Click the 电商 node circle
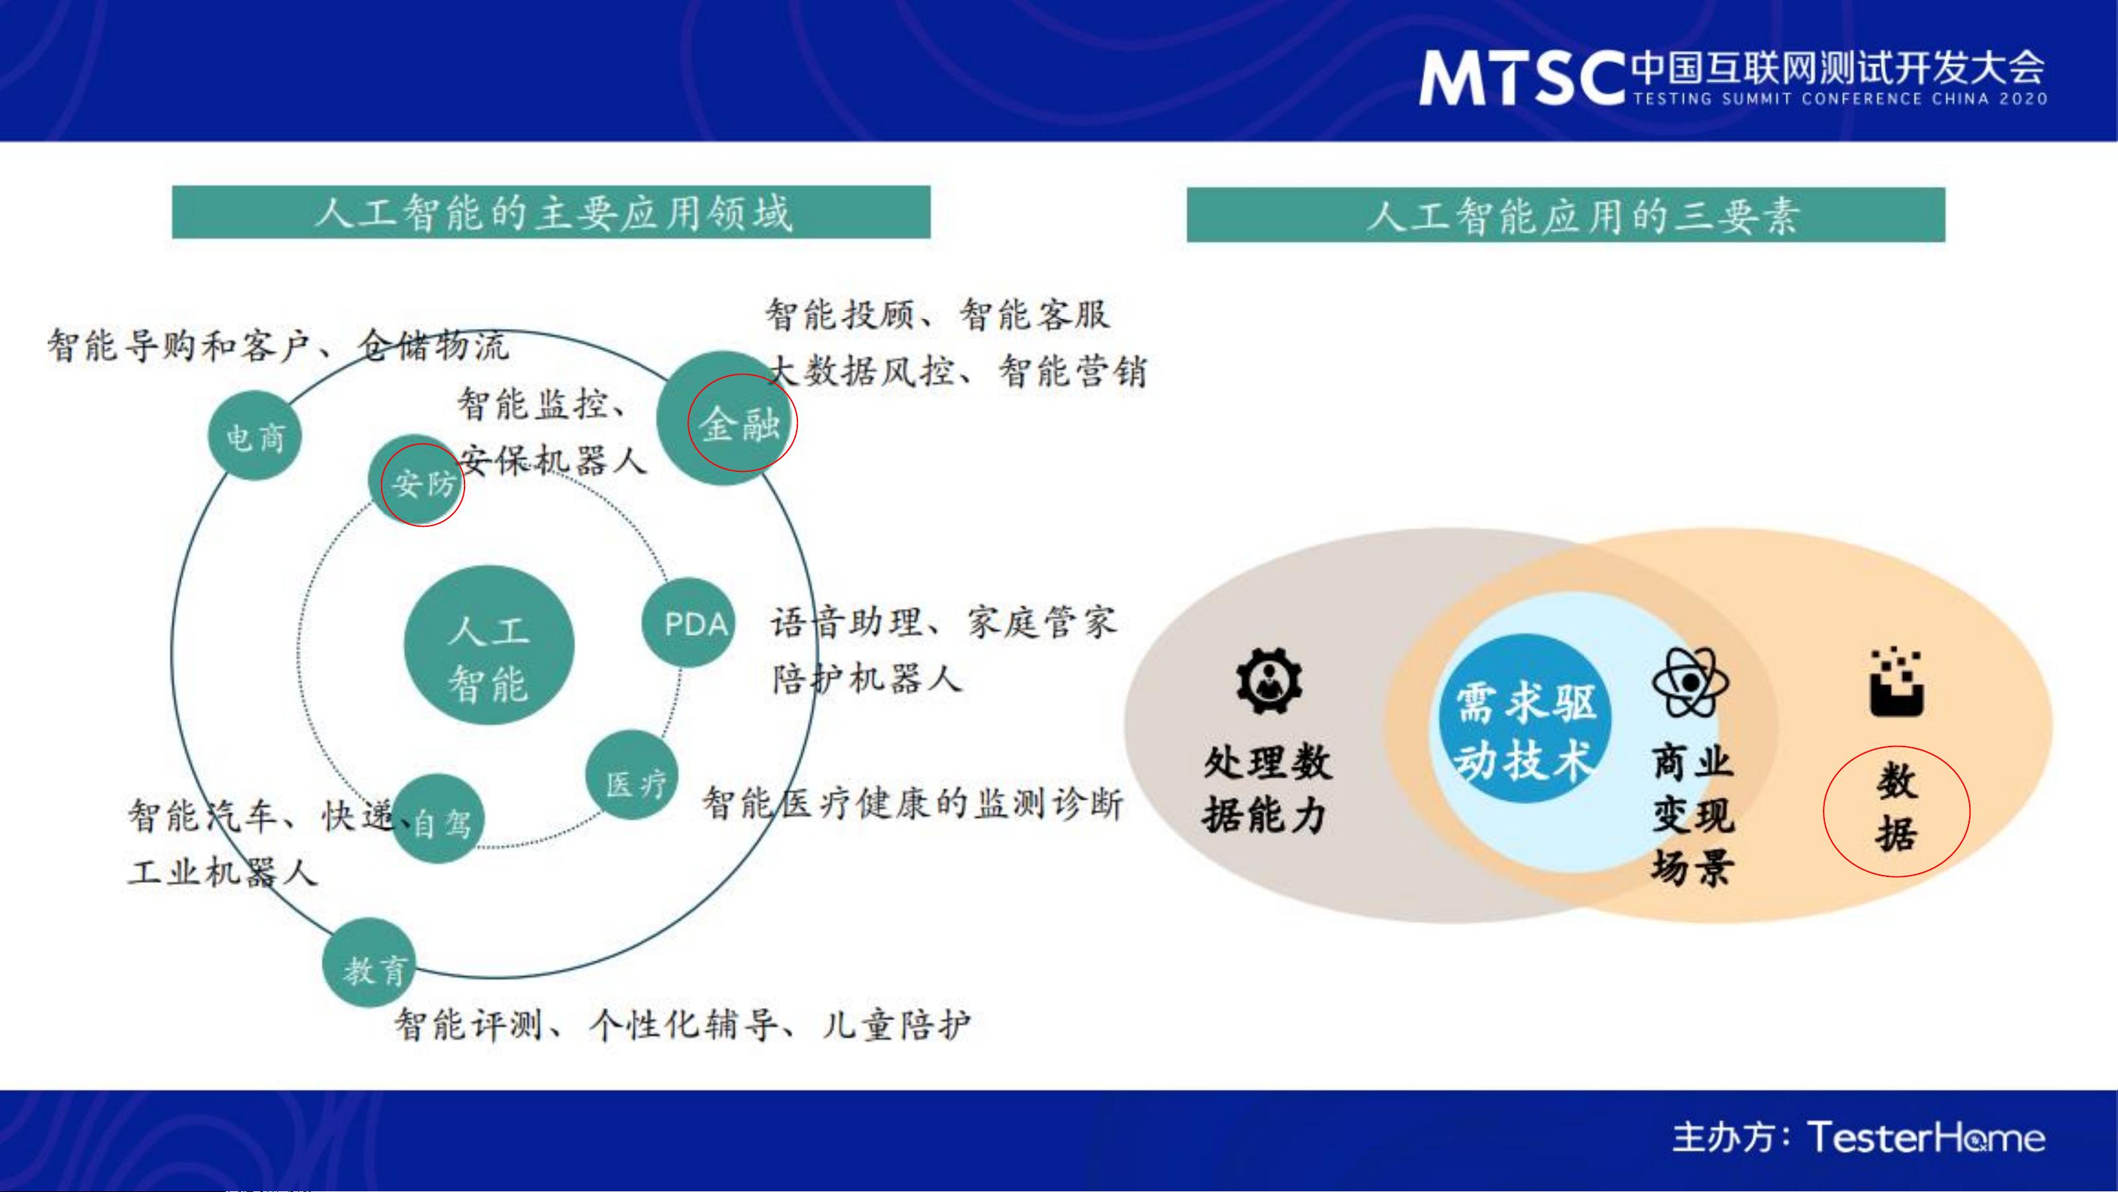coord(255,436)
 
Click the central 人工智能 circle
coord(489,645)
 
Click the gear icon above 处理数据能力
coord(1268,680)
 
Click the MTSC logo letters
coord(1521,78)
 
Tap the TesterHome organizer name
coord(1925,1138)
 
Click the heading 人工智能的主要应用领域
coord(552,213)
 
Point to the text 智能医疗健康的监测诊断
coord(912,803)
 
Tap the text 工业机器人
coord(222,871)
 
